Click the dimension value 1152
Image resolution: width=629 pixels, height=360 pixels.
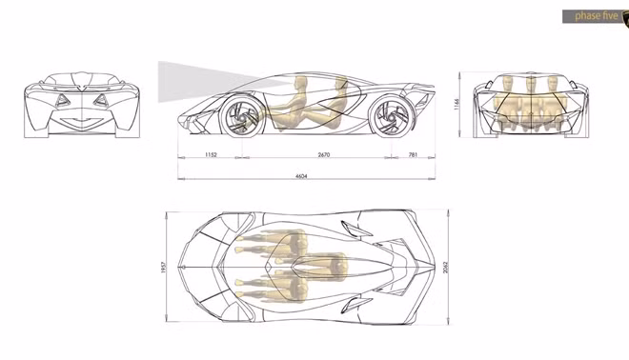coord(211,154)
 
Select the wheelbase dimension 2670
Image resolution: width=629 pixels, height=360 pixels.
coord(324,154)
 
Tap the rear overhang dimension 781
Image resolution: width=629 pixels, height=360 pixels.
coord(413,154)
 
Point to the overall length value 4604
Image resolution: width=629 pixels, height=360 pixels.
coord(301,175)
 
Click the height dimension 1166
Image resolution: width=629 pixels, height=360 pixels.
coord(456,105)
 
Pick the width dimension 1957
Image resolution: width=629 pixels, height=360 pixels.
coord(163,268)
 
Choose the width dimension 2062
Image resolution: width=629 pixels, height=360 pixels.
coord(445,268)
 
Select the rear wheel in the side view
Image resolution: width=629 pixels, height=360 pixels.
coord(391,115)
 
